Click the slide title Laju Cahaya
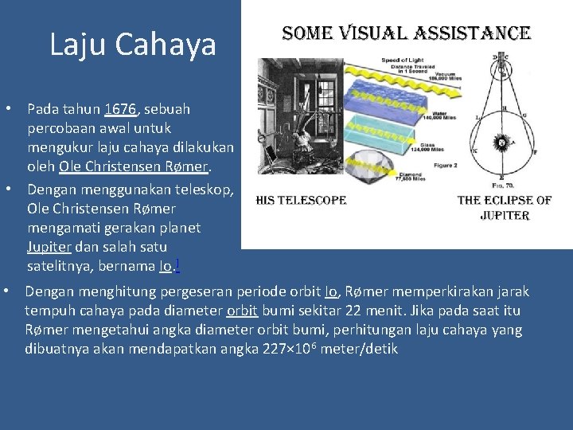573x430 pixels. click(132, 45)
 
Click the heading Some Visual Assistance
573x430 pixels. click(406, 33)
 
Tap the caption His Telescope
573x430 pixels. click(301, 200)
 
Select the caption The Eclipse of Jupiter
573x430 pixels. click(505, 207)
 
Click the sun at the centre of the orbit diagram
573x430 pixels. click(501, 143)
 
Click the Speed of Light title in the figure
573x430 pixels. click(401, 61)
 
